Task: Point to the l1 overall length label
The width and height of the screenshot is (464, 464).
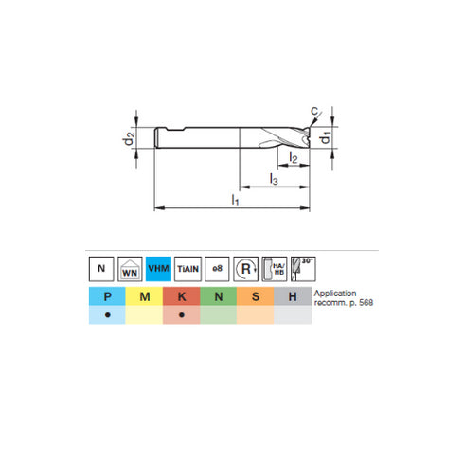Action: (x=235, y=200)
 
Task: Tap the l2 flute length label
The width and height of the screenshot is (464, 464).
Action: (x=294, y=159)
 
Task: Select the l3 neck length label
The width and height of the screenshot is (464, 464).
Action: (x=274, y=179)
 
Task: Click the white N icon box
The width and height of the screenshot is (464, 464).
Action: (x=101, y=268)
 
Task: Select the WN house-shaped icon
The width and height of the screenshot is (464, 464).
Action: (x=130, y=269)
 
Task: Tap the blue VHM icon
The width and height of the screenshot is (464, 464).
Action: (x=158, y=268)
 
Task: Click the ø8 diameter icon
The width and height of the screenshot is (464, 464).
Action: (x=216, y=268)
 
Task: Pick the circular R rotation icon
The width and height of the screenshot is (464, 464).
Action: (x=245, y=268)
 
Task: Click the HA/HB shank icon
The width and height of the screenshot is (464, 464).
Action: (x=275, y=268)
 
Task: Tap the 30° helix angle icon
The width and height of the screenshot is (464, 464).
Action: (x=303, y=268)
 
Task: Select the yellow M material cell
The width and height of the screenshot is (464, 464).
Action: (x=144, y=297)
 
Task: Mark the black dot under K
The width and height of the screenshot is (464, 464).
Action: (x=181, y=315)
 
